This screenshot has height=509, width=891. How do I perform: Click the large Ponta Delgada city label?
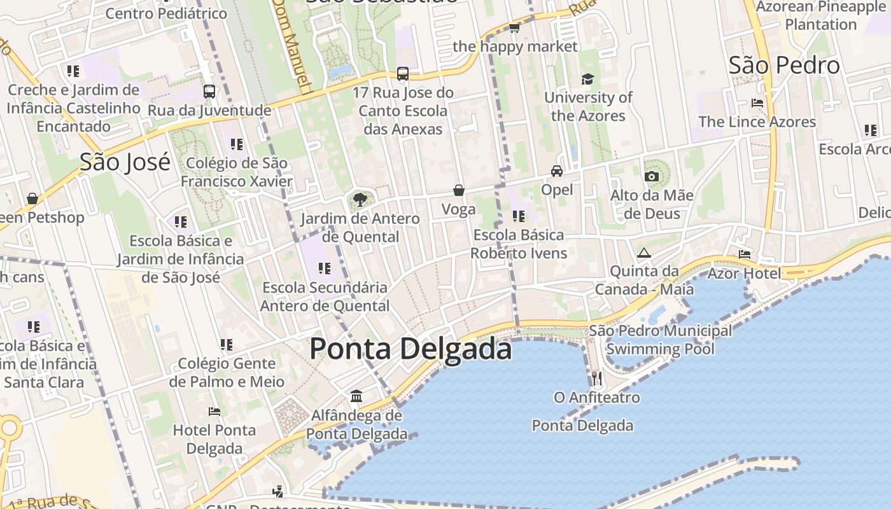[x=410, y=349]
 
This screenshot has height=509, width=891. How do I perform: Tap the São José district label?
[x=125, y=162]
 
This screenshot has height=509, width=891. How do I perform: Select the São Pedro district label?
[x=784, y=66]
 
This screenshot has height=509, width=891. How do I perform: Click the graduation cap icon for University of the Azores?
[x=587, y=79]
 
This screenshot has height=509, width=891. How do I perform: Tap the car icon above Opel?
[x=557, y=171]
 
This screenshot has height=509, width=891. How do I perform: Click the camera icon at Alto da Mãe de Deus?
[x=652, y=176]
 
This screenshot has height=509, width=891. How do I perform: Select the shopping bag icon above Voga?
[x=458, y=190]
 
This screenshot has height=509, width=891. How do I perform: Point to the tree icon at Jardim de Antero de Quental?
[x=360, y=200]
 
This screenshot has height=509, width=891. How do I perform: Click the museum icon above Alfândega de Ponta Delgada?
[x=356, y=396]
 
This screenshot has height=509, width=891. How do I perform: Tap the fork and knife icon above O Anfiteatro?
[x=596, y=379]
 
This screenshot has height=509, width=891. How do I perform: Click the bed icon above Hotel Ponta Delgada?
[x=214, y=412]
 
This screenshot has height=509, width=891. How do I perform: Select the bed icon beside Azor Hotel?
[x=745, y=254]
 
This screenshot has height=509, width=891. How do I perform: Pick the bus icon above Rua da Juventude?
[x=209, y=92]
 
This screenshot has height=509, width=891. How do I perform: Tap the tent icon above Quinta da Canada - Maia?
[x=644, y=253]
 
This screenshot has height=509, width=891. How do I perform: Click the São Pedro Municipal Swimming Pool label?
[x=660, y=340]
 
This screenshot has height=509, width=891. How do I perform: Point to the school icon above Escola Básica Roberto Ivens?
[x=519, y=216]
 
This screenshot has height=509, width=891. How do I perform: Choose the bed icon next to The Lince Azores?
[x=757, y=102]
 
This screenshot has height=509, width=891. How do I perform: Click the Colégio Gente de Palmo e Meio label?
[x=227, y=372]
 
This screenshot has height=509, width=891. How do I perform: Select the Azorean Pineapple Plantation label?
[x=820, y=16]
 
